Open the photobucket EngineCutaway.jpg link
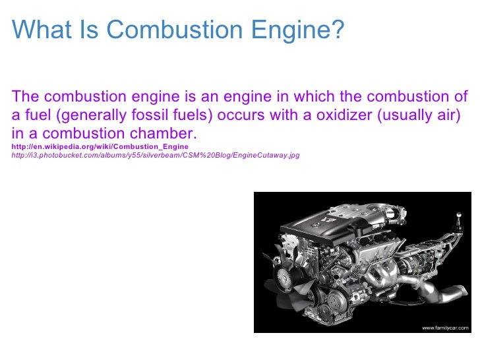click(x=156, y=156)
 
